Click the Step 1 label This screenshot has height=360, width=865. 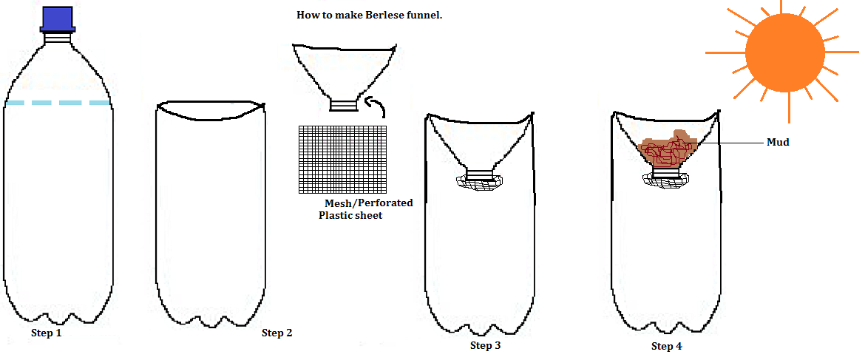point(46,333)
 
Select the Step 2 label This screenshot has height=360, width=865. point(277,333)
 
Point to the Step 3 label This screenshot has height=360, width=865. point(486,345)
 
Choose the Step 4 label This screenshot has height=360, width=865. point(666,346)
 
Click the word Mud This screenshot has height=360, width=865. point(778,142)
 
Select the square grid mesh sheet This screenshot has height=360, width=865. point(344,159)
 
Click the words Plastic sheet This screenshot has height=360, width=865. point(350,215)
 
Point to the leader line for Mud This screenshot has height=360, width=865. point(732,142)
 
